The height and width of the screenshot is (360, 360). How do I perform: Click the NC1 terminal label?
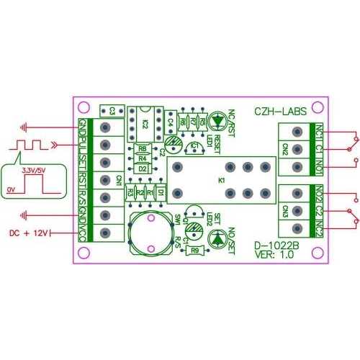pos(319,133)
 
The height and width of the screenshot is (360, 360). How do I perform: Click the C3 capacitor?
pos(112,109)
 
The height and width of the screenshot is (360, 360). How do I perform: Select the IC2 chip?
pos(145,122)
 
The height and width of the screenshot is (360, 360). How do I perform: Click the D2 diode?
pos(143,168)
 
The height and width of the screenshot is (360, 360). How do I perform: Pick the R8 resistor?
pos(143,149)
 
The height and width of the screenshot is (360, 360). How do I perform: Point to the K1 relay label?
pos(221,179)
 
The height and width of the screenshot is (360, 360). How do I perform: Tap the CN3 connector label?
pos(286,211)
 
